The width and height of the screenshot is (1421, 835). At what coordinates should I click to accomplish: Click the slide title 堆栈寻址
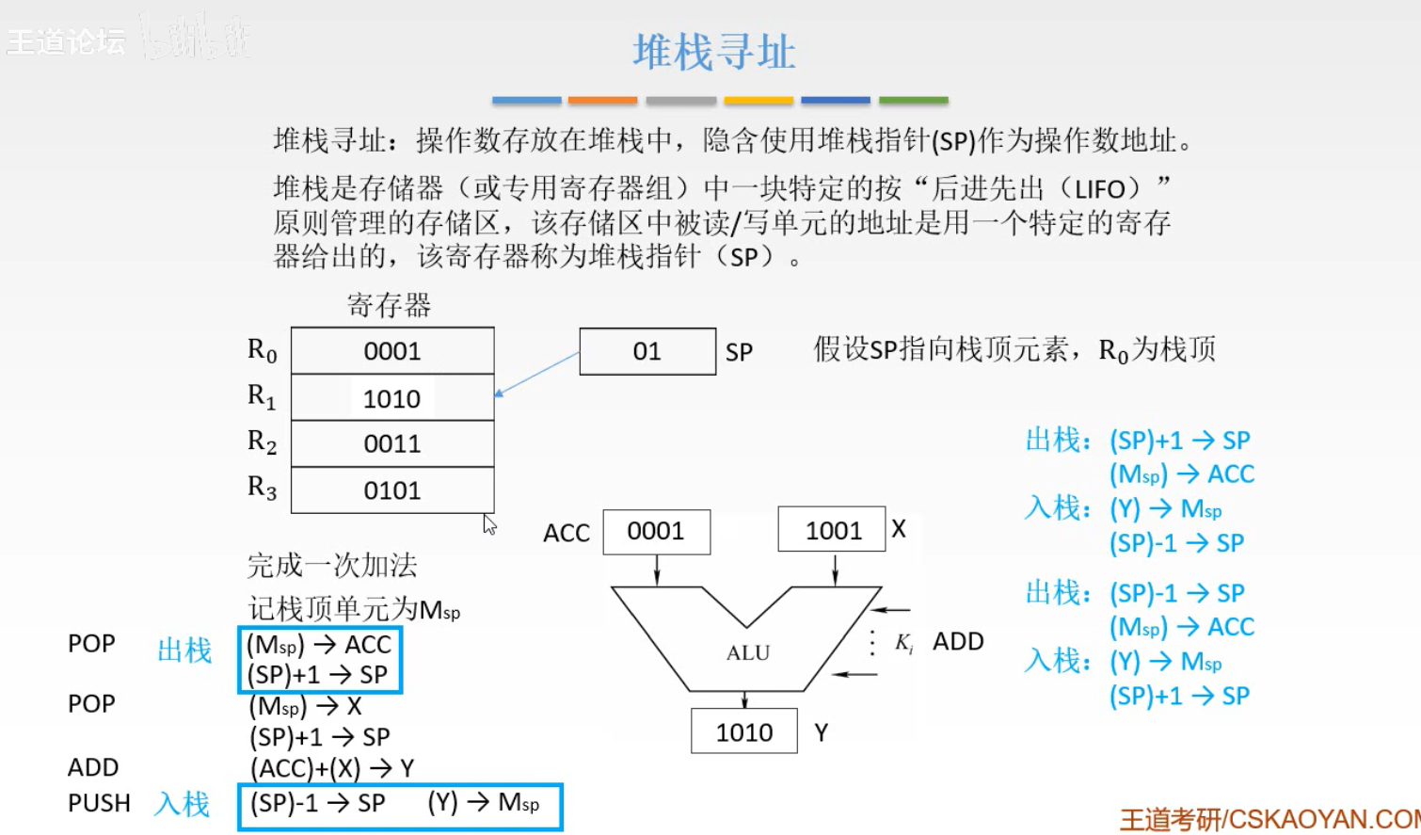(713, 52)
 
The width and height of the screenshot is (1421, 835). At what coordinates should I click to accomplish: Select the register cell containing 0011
(392, 443)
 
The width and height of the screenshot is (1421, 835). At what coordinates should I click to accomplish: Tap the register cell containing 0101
(392, 490)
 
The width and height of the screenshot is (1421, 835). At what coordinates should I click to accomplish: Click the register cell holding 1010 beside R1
(392, 398)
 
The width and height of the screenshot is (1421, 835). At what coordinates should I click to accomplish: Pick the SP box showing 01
(647, 351)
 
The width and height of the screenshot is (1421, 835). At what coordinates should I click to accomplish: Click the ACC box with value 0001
(656, 532)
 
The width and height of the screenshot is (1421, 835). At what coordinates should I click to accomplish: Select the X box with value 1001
(832, 530)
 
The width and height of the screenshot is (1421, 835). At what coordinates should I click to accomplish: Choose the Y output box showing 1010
(743, 731)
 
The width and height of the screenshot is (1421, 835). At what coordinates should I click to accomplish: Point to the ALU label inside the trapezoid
(748, 652)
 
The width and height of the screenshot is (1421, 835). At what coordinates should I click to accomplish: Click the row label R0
(262, 350)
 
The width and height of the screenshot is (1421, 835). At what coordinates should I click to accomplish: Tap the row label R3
(262, 488)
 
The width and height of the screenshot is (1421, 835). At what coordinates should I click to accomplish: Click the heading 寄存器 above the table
(389, 305)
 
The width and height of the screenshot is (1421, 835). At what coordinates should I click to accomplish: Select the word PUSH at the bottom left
(99, 803)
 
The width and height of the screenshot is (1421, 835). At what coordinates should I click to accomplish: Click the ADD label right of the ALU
(958, 641)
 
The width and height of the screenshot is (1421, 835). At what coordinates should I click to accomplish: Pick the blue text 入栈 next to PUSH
(183, 803)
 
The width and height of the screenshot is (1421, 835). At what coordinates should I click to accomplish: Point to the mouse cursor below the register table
(489, 524)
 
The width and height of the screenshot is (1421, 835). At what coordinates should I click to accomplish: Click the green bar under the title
(913, 100)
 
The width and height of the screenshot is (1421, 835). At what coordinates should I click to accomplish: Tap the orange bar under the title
(602, 100)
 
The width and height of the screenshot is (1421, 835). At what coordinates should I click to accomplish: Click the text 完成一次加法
(331, 565)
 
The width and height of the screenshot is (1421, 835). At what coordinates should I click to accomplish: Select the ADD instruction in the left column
(93, 767)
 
